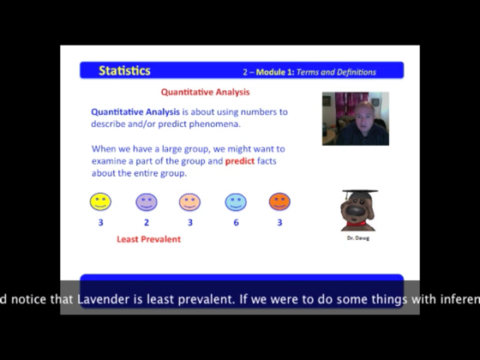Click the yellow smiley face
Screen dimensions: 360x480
coord(100,201)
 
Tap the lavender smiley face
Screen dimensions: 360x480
coord(147,201)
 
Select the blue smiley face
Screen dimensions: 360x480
coord(236,201)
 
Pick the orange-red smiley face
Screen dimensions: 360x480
coord(279,201)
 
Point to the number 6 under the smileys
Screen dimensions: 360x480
coord(236,223)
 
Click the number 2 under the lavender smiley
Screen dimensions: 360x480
coord(147,223)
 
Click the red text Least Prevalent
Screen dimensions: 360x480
coord(148,240)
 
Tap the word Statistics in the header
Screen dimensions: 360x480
coord(124,71)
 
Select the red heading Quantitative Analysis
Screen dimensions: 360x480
coord(206,92)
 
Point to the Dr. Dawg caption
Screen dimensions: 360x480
coord(358,237)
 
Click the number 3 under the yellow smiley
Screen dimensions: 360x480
coord(100,223)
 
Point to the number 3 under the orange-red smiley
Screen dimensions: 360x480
coord(279,223)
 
